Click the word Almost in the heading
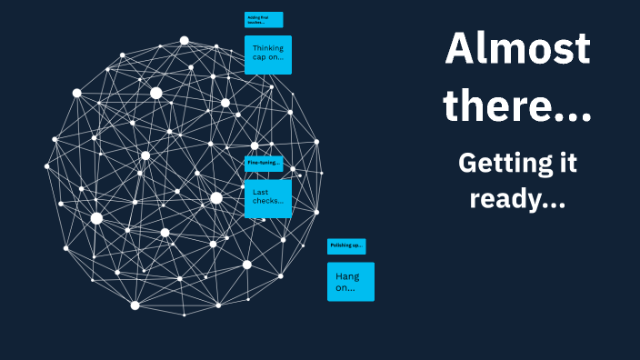coord(517,49)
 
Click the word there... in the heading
coord(517,107)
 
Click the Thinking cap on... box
coord(268,55)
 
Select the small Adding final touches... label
coord(264,20)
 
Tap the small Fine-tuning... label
coord(264,163)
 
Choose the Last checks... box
coord(268,198)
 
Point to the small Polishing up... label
coord(346,246)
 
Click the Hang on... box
coord(351,281)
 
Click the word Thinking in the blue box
coord(268,48)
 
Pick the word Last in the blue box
coord(262,192)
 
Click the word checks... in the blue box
coord(268,202)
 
